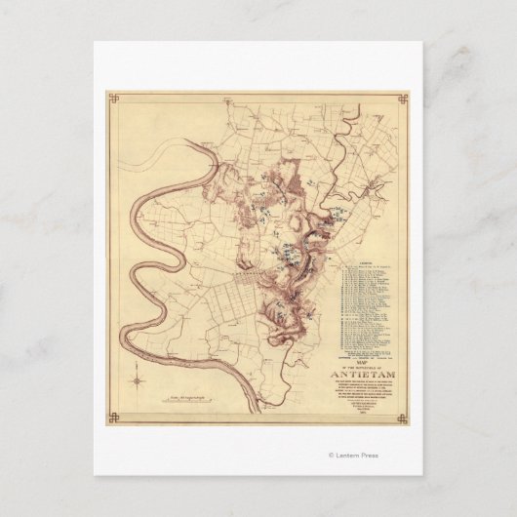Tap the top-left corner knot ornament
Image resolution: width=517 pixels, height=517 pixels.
click(112, 98)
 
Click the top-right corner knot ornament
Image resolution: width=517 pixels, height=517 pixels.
click(403, 98)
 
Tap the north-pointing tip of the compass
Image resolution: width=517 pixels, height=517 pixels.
click(139, 363)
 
